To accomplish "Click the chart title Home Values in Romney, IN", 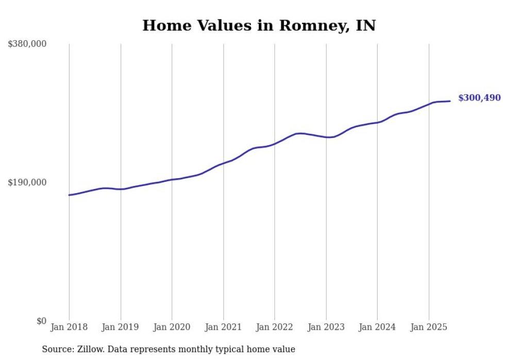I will pos(259,25).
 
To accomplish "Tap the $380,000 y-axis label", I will pos(27,44).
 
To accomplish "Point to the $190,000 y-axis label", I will pos(27,182).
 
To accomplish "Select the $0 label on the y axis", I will pos(41,321).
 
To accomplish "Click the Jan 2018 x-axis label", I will pos(69,327).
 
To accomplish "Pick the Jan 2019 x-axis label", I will pos(121,327).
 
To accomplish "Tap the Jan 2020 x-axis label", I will pos(172,327).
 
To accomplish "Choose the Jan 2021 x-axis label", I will pos(223,327).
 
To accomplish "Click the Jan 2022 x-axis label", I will pos(275,327).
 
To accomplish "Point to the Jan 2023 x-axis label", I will pos(326,327).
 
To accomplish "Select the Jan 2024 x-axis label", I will pos(377,327).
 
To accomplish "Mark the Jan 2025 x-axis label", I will pos(429,327).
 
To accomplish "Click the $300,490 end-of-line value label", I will pos(479,98).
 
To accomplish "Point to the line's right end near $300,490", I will pos(450,101).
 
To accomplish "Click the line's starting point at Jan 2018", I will pos(69,195).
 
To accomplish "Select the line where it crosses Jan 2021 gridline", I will pos(223,163).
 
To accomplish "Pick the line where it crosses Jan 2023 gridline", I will pos(326,137).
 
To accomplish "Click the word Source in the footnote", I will pos(56,349).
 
